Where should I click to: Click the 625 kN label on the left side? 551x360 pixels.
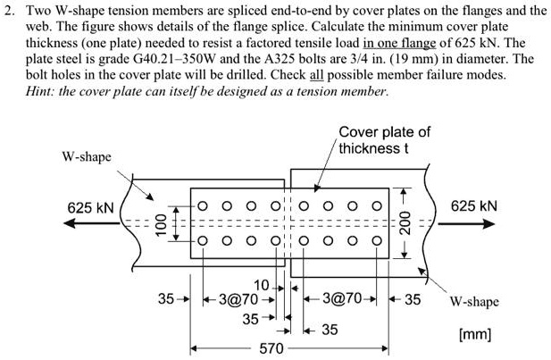tap(90, 207)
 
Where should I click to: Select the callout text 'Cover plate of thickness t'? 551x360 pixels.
tap(384, 139)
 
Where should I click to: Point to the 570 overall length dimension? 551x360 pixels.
tap(271, 347)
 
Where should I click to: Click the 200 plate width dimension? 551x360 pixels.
tap(404, 222)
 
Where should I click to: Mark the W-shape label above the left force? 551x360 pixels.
tap(87, 157)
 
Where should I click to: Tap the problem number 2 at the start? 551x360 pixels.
tap(8, 11)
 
